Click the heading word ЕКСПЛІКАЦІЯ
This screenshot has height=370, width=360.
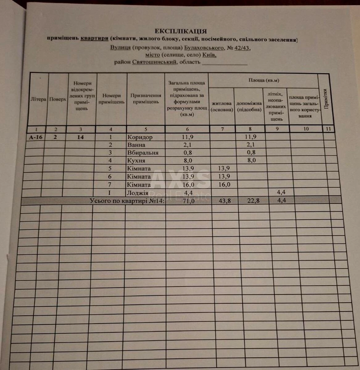(180, 31)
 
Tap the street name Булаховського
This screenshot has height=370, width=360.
(204, 48)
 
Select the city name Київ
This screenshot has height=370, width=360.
(209, 55)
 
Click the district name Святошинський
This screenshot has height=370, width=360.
(155, 62)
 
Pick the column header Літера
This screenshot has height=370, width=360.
(38, 99)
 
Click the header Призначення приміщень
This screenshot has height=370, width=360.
(146, 99)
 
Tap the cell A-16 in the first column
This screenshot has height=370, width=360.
(35, 138)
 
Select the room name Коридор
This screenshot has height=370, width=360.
(140, 138)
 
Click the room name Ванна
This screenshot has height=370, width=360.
(136, 145)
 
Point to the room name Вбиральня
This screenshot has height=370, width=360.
(143, 153)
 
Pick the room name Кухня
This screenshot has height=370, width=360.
(136, 161)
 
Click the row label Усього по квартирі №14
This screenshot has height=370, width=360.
(127, 201)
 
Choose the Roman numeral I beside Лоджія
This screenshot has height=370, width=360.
(110, 193)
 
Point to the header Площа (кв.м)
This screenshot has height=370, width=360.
(264, 80)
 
